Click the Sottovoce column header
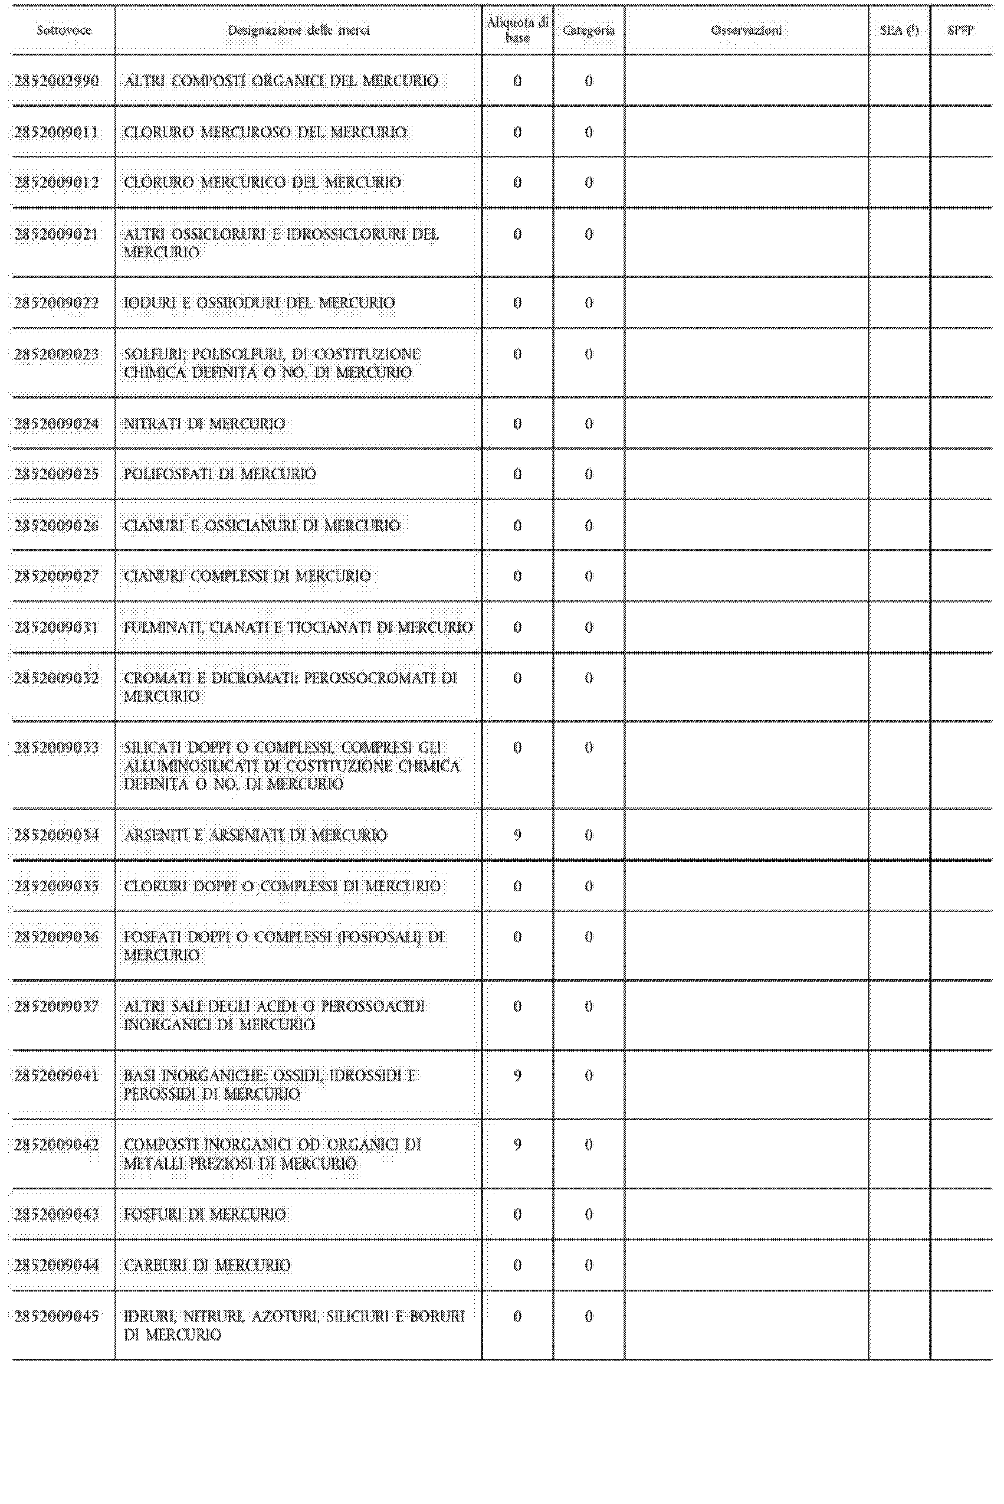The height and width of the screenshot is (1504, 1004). [63, 30]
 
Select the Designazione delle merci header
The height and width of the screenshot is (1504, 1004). [298, 30]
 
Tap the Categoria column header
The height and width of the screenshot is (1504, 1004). [589, 30]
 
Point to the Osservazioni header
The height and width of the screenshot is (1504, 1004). [746, 30]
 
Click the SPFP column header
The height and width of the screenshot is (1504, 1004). [960, 30]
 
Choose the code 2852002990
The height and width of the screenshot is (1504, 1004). [57, 81]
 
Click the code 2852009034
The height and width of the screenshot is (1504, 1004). [57, 835]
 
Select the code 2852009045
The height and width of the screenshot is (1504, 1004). [57, 1316]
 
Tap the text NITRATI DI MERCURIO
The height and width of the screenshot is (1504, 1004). [204, 424]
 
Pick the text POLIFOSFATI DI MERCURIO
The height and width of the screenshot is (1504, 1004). [219, 475]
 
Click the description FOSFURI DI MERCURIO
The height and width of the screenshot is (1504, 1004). [204, 1214]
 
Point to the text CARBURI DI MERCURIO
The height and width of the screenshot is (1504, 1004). [208, 1265]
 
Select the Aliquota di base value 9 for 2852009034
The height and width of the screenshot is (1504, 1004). [517, 835]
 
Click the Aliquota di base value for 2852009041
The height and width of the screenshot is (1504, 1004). [517, 1075]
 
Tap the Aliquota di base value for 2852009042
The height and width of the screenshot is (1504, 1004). [517, 1145]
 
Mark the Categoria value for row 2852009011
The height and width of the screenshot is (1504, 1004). [589, 132]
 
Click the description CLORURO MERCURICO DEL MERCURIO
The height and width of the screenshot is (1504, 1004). [263, 182]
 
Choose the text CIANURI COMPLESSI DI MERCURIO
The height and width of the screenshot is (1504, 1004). [247, 577]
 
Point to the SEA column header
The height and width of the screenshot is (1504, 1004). [899, 30]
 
